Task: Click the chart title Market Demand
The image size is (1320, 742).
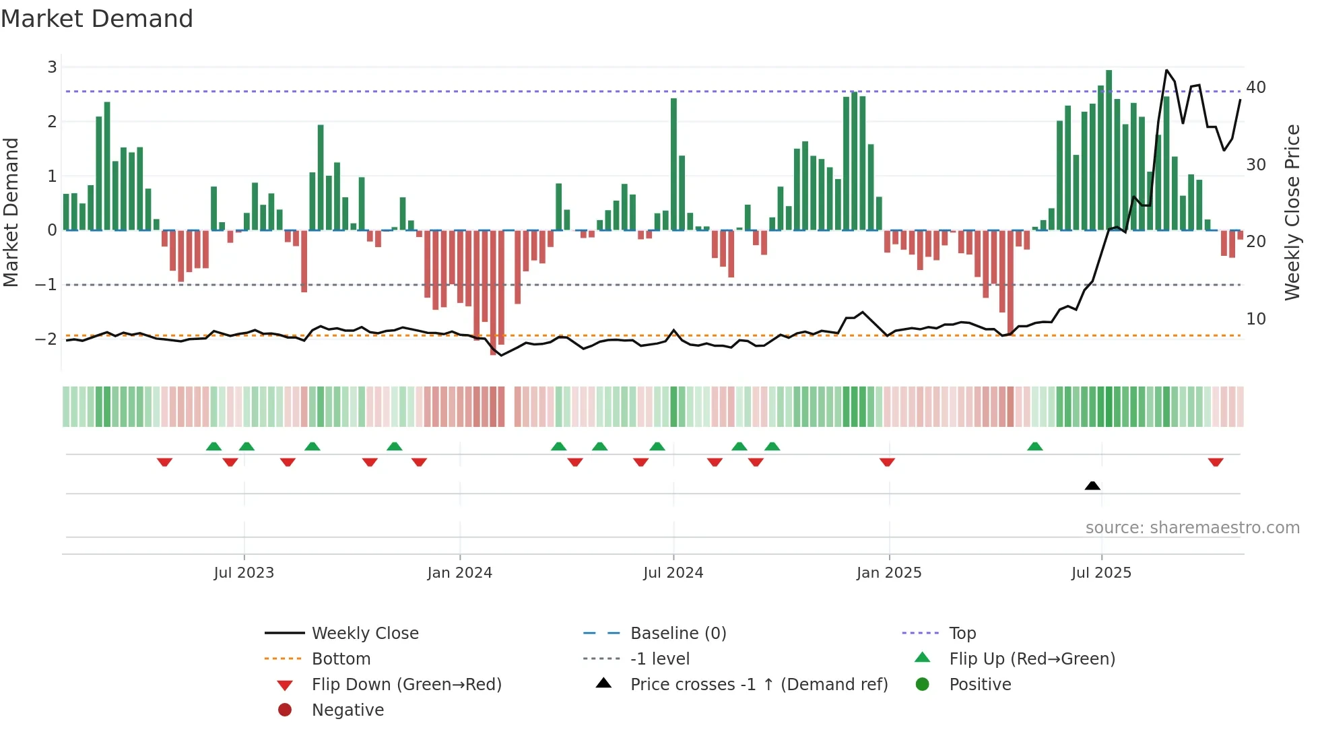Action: tap(97, 19)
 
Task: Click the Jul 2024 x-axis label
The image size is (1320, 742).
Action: tap(673, 573)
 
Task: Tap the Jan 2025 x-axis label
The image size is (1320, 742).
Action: tap(888, 573)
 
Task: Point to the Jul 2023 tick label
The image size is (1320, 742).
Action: tap(244, 573)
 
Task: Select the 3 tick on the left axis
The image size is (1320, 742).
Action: tap(52, 67)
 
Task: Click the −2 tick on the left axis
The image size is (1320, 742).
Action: tap(46, 339)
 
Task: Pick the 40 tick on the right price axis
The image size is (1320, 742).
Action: tap(1255, 88)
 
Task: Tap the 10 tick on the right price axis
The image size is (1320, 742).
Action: tap(1255, 319)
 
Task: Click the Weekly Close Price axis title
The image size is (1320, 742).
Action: tap(1292, 212)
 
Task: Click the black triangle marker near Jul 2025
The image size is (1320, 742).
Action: tap(1092, 485)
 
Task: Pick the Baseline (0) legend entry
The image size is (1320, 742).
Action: tap(678, 634)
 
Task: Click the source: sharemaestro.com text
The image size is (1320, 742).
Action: tap(1192, 528)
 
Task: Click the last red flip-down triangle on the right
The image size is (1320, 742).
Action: tap(1215, 462)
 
